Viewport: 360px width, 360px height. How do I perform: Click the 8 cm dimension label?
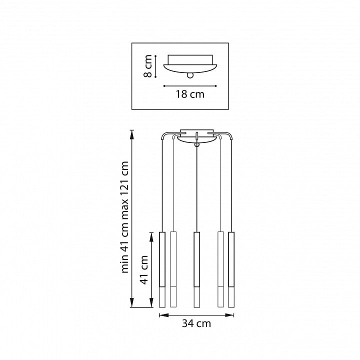click(148, 66)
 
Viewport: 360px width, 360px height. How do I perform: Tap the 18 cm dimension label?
click(190, 94)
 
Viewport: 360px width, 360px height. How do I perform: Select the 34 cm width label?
click(196, 323)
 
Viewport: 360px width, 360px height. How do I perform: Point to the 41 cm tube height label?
click(144, 269)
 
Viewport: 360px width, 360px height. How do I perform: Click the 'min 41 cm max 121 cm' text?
click(124, 217)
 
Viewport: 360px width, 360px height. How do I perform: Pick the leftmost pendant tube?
click(162, 269)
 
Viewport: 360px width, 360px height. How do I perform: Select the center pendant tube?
click(197, 269)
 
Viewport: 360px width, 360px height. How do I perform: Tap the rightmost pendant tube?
click(231, 269)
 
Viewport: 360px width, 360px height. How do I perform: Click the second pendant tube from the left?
click(173, 269)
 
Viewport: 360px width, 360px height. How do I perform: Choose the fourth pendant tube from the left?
click(220, 269)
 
